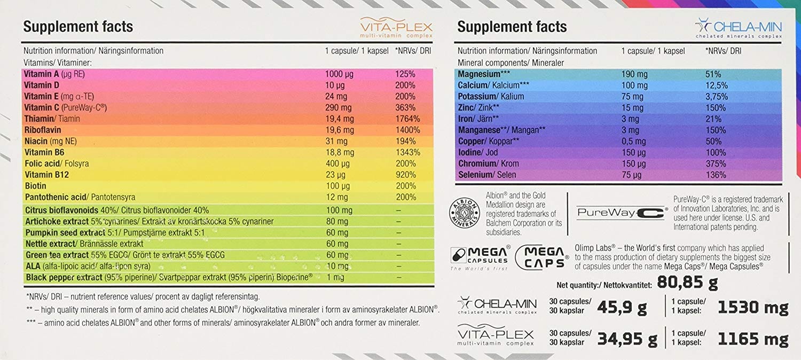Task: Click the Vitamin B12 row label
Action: (x=46, y=175)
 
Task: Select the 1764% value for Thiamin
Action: (x=407, y=119)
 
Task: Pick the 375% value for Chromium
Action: (x=716, y=163)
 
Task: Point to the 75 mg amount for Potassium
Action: (x=632, y=97)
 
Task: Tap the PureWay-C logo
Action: (x=620, y=213)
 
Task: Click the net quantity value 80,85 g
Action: (x=687, y=281)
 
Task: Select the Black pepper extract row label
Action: (x=64, y=277)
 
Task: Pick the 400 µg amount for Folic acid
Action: (x=337, y=163)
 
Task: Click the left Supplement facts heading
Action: (x=78, y=27)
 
